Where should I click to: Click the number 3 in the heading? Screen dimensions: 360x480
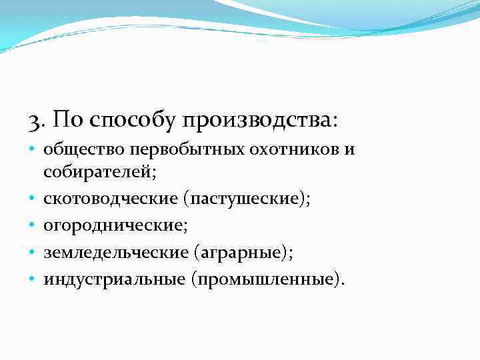tap(35, 121)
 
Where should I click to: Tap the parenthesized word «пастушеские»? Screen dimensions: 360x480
tap(247, 199)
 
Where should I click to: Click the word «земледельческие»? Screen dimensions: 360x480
tap(118, 252)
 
